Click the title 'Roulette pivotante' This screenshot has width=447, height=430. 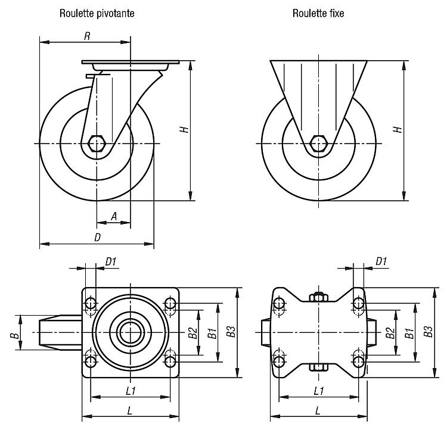(x=97, y=13)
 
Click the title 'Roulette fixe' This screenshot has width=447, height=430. (x=318, y=13)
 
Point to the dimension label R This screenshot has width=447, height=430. (x=87, y=36)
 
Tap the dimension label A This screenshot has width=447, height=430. (x=114, y=216)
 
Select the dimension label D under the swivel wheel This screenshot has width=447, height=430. (x=98, y=238)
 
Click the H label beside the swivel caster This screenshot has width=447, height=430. (x=185, y=129)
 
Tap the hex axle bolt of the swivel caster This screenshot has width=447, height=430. (x=97, y=144)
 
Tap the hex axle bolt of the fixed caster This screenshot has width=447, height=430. (x=318, y=144)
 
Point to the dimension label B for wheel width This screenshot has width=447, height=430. (x=15, y=333)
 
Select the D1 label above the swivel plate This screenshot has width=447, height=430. (x=111, y=261)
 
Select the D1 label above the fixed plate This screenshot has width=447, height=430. (x=381, y=261)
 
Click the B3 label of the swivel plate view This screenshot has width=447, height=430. (x=231, y=331)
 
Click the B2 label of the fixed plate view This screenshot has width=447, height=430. (x=390, y=332)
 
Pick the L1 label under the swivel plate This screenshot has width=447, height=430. (x=131, y=391)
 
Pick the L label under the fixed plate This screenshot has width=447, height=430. (x=318, y=410)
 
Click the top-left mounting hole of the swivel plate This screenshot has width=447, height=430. (x=91, y=304)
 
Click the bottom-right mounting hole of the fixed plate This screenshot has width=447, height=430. (x=358, y=362)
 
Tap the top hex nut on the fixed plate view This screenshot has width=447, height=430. (x=318, y=297)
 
